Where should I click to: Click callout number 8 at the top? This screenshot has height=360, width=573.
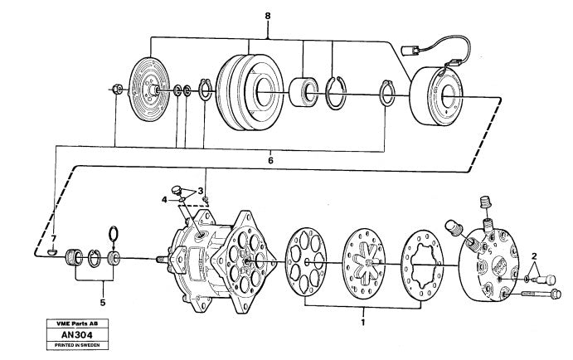pos(268,17)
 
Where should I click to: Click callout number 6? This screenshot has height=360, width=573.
pos(270,160)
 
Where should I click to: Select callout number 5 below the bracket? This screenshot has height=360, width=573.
pos(103,303)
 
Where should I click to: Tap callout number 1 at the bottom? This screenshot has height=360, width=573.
pos(363,323)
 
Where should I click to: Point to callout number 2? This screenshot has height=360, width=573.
pos(534,255)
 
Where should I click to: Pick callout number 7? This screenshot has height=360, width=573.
pos(54,238)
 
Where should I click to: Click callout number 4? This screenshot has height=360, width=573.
pos(164,200)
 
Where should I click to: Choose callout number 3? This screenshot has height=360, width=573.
pos(200,191)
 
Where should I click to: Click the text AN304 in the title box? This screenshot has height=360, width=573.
pos(77,335)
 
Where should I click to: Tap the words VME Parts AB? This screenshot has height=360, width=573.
pos(77,324)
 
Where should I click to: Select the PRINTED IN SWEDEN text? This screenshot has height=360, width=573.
pos(77,345)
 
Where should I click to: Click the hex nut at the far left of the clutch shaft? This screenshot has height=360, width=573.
pos(117,89)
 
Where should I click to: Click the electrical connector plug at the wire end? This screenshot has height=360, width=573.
pos(408,50)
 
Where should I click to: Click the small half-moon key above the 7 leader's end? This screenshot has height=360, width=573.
pos(53,251)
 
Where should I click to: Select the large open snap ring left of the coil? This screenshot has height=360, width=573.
pos(336,94)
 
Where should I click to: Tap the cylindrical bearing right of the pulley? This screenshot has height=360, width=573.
pos(303,92)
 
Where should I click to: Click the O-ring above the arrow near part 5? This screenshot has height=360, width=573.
pos(114,234)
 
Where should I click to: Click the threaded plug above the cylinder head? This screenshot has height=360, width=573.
pos(485,202)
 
